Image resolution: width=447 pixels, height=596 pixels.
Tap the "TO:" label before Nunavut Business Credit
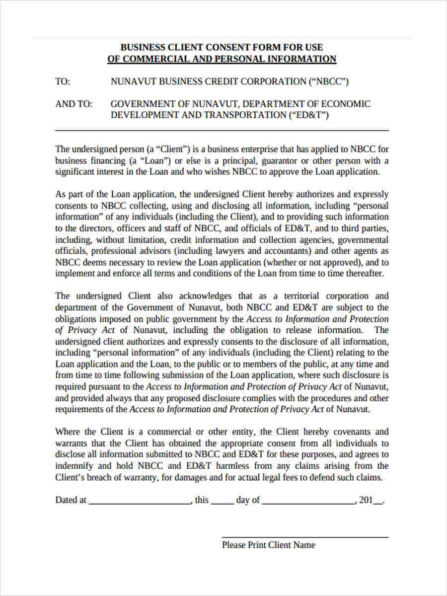point(63,82)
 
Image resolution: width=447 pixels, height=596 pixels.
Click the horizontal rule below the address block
point(222,130)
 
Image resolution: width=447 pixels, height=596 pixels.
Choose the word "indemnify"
point(76,466)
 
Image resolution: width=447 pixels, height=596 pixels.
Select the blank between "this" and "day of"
point(223,503)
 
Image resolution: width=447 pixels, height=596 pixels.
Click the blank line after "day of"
point(308,503)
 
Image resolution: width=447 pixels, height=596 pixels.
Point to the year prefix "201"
point(366,501)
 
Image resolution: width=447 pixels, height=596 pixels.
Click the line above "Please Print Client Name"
point(305,537)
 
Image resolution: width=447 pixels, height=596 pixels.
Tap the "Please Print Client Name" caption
point(268,545)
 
